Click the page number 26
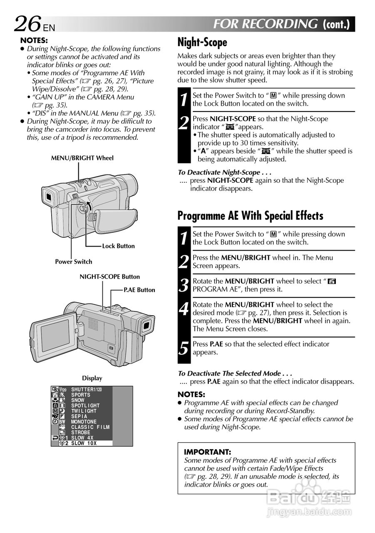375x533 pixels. coord(27,24)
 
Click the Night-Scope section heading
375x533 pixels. coord(202,42)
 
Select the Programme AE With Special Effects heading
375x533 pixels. coord(250,216)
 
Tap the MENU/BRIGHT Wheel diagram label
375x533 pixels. coord(82,158)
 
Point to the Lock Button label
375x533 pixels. coord(118,246)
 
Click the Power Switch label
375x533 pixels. coord(74,262)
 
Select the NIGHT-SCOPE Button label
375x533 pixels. coord(109,277)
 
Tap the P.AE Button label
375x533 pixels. coord(139,290)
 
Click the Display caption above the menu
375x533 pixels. coord(92,379)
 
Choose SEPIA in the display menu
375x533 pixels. coord(79,416)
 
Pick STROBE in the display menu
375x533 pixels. coord(80,433)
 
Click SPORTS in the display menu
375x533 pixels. coord(80,395)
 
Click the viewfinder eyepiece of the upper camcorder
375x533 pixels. coord(48,197)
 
